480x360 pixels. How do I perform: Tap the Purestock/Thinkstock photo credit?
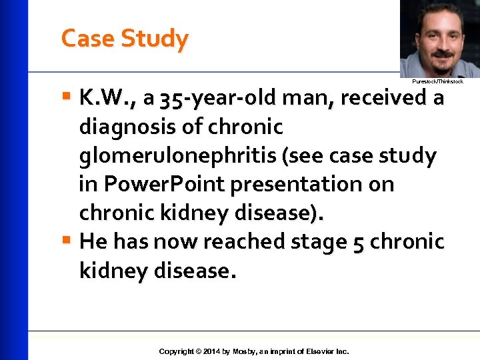point(437,81)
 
